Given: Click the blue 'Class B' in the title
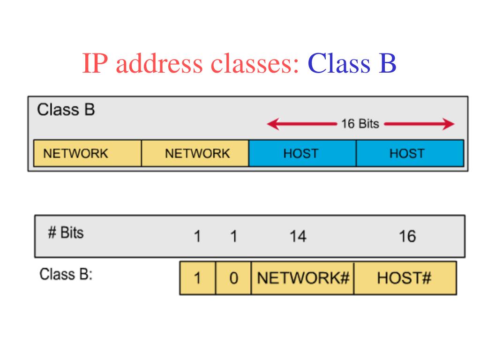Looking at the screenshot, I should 352,64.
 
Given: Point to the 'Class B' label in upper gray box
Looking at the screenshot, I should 66,111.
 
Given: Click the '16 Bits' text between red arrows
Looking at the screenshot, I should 360,124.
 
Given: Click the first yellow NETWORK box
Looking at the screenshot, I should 87,153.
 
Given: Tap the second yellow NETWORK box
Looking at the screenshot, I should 195,153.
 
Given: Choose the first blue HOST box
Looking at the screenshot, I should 302,153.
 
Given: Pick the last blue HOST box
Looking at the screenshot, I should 410,153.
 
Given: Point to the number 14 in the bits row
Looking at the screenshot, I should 297,237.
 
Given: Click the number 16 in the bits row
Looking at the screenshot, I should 407,237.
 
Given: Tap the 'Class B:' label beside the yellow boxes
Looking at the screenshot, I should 66,274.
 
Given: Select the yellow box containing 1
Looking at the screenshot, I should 197,278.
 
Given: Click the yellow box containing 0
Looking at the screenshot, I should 233,278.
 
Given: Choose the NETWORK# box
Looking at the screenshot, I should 303,278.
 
